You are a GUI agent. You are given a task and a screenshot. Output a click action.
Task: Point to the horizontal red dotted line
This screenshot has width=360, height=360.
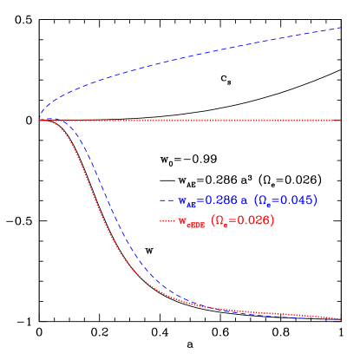[217, 120]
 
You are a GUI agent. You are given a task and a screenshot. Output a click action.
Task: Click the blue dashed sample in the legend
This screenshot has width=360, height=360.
[167, 200]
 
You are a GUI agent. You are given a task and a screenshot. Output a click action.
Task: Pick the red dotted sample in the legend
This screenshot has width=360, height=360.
[167, 221]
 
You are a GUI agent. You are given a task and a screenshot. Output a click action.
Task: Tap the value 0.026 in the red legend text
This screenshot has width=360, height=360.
[253, 221]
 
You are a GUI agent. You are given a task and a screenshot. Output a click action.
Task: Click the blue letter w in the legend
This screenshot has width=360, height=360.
[183, 201]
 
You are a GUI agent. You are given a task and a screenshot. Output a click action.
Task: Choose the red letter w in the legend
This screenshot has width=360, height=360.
[183, 222]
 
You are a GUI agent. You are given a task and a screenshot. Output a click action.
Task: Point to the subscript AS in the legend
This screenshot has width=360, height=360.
[192, 204]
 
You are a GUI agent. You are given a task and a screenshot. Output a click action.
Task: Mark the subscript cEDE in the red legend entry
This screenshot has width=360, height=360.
[196, 225]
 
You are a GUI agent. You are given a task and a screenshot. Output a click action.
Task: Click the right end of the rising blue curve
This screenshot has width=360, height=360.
[341, 28]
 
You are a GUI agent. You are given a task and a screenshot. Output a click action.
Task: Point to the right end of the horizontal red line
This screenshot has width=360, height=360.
[341, 120]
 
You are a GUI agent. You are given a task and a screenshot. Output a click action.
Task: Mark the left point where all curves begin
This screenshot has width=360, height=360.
[40, 120]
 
